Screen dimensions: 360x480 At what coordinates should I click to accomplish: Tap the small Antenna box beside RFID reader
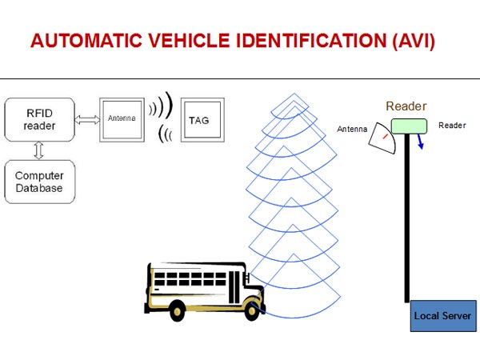pos(122,119)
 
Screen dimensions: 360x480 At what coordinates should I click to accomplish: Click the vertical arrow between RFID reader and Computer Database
pos(38,151)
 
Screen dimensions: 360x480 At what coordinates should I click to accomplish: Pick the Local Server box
pos(442,316)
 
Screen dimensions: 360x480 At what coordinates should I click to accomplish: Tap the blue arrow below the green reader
pos(420,142)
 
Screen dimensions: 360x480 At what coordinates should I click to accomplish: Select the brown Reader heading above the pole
pos(406,106)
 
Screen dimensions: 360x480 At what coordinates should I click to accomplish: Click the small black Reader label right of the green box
pos(452,126)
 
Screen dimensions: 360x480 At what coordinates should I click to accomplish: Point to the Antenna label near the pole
pos(353,128)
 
